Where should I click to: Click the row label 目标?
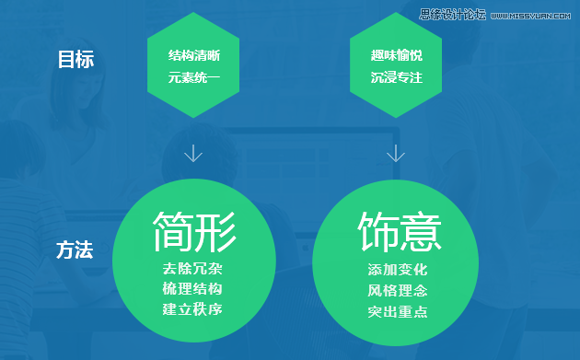pos(75,60)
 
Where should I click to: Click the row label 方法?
pos(75,250)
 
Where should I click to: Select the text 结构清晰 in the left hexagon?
pos(193,55)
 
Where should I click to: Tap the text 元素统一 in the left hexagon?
pos(193,77)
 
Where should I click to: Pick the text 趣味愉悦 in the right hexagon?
pos(397,55)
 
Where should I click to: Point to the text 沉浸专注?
pos(397,77)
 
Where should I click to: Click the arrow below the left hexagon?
pos(193,152)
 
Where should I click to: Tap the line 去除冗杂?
pos(193,270)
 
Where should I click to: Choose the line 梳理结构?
pos(193,289)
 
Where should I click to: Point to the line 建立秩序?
pos(193,309)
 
